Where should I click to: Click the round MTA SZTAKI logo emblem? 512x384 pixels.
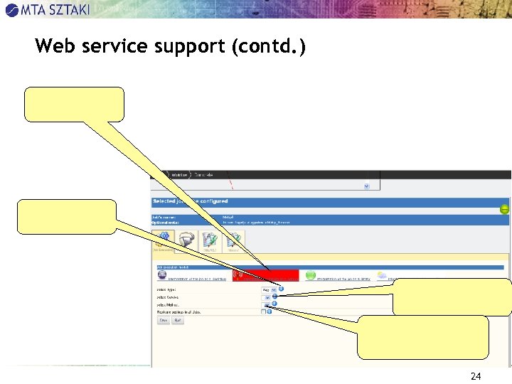tap(11, 9)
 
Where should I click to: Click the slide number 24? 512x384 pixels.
tap(476, 376)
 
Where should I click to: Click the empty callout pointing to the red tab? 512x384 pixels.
tap(74, 105)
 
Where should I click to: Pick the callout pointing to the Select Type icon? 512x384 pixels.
tap(452, 296)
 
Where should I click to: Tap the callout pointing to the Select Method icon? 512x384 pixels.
tap(422, 336)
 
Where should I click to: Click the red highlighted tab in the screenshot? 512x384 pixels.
tap(265, 274)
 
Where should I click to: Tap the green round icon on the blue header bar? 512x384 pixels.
tap(504, 209)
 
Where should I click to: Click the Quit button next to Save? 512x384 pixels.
tap(178, 320)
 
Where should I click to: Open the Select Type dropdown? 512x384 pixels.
tap(270, 289)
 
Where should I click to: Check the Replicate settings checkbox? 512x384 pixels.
tap(263, 311)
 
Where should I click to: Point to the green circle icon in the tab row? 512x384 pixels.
tap(310, 274)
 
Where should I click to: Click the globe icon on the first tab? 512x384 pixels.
tap(162, 274)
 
